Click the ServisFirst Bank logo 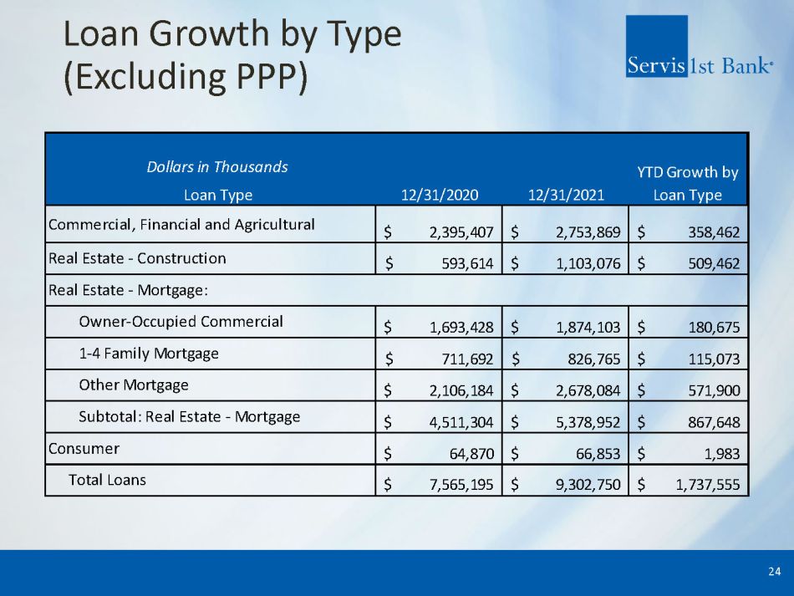pyautogui.click(x=698, y=47)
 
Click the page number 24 pyautogui.click(x=774, y=572)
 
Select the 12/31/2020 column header pyautogui.click(x=440, y=196)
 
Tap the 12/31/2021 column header pyautogui.click(x=566, y=196)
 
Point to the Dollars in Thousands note pyautogui.click(x=217, y=166)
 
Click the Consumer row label pyautogui.click(x=84, y=448)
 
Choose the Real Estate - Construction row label pyautogui.click(x=137, y=257)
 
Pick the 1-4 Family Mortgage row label pyautogui.click(x=149, y=353)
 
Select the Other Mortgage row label pyautogui.click(x=134, y=385)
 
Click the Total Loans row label pyautogui.click(x=107, y=480)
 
